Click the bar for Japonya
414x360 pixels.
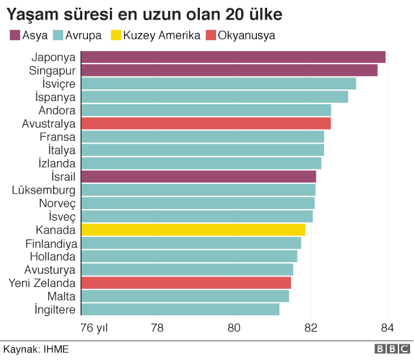[x=233, y=57]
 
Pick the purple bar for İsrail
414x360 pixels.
[x=199, y=177]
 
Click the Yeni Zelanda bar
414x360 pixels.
[x=186, y=283]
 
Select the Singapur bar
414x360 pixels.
[x=229, y=71]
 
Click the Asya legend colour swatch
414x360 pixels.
[x=14, y=35]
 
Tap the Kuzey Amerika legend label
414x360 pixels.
[x=161, y=35]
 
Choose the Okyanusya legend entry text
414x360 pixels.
[x=246, y=35]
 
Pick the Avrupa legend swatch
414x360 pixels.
[x=57, y=35]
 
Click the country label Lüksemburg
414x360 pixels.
[x=44, y=190]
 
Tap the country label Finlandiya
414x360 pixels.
[x=51, y=243]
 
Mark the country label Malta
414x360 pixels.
[x=61, y=297]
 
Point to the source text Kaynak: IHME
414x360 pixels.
[x=36, y=350]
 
